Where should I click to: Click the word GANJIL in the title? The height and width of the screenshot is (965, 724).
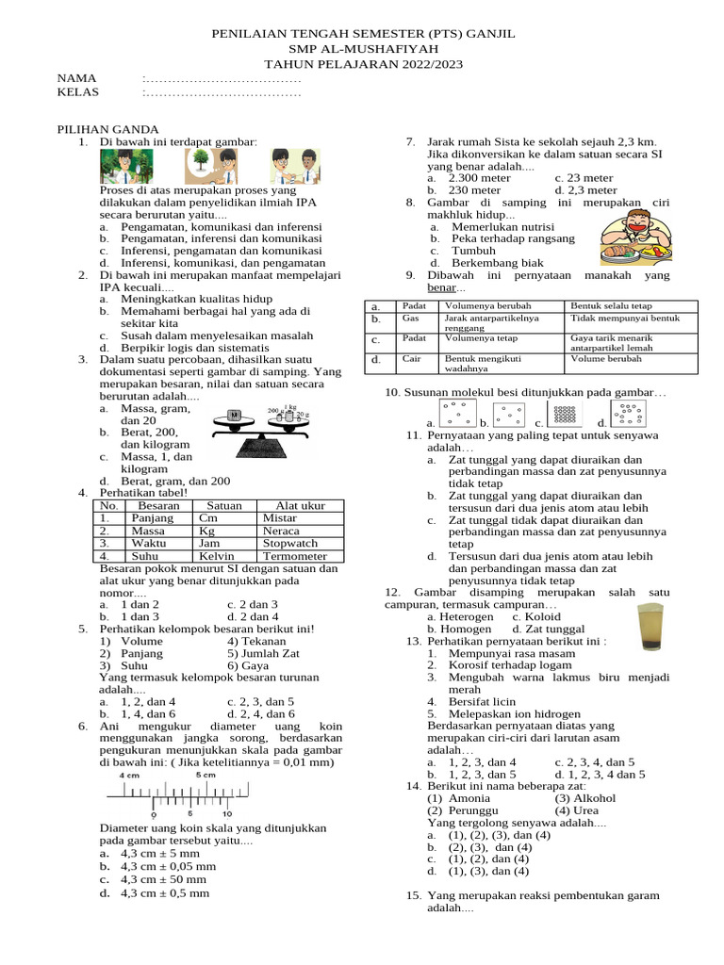tap(488, 33)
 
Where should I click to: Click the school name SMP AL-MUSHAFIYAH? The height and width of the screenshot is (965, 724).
tap(361, 48)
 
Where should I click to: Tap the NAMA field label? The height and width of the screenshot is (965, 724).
tap(76, 77)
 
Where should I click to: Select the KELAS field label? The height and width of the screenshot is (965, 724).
tap(78, 92)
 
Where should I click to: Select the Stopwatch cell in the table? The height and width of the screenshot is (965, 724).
tap(290, 544)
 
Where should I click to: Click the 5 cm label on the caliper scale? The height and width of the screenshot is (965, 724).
tap(205, 774)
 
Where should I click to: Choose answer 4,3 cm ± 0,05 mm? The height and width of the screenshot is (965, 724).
tap(168, 866)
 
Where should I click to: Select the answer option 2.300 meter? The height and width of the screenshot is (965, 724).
tap(479, 177)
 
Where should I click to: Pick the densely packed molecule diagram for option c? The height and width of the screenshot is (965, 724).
tap(564, 413)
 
